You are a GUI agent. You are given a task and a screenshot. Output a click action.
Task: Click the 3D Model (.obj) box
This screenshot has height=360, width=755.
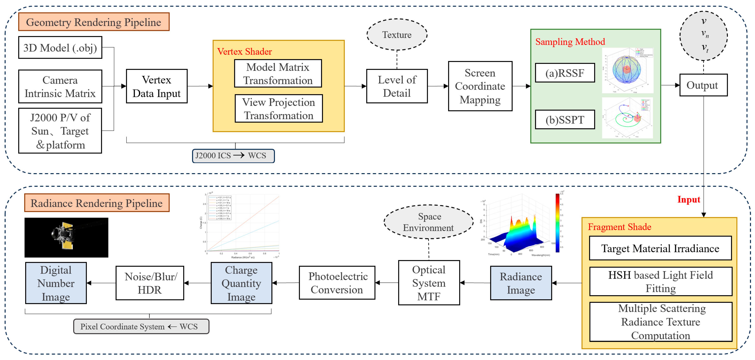(60, 47)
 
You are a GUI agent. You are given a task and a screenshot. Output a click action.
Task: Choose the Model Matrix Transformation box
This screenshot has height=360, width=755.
(278, 73)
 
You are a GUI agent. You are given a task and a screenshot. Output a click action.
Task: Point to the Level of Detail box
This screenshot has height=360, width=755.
(397, 86)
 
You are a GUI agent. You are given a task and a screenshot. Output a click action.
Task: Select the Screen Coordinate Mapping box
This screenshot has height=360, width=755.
(480, 86)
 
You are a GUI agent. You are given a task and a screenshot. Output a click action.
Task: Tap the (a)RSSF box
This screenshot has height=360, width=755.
(565, 73)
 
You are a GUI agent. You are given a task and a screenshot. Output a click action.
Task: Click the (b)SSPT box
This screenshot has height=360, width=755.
(565, 120)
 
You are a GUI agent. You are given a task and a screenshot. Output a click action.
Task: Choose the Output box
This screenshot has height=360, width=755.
(703, 85)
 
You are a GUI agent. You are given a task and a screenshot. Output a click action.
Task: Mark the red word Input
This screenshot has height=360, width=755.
(689, 199)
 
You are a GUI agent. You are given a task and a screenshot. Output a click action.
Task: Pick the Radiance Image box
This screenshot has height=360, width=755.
(521, 283)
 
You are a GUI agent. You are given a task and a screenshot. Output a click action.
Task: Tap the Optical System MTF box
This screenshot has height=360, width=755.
(429, 283)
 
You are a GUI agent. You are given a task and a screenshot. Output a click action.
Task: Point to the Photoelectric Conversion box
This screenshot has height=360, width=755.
(337, 283)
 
